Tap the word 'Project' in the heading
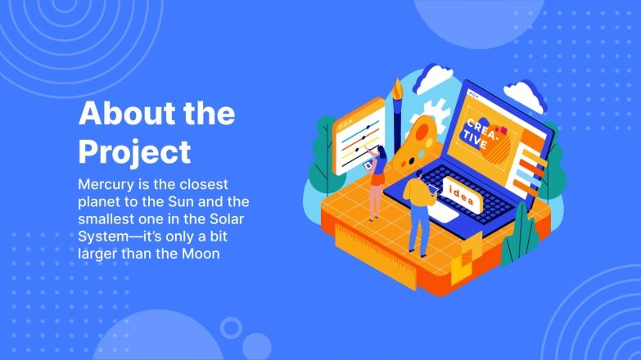(x=134, y=151)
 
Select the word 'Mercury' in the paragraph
(x=106, y=183)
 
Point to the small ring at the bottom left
(x=232, y=328)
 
